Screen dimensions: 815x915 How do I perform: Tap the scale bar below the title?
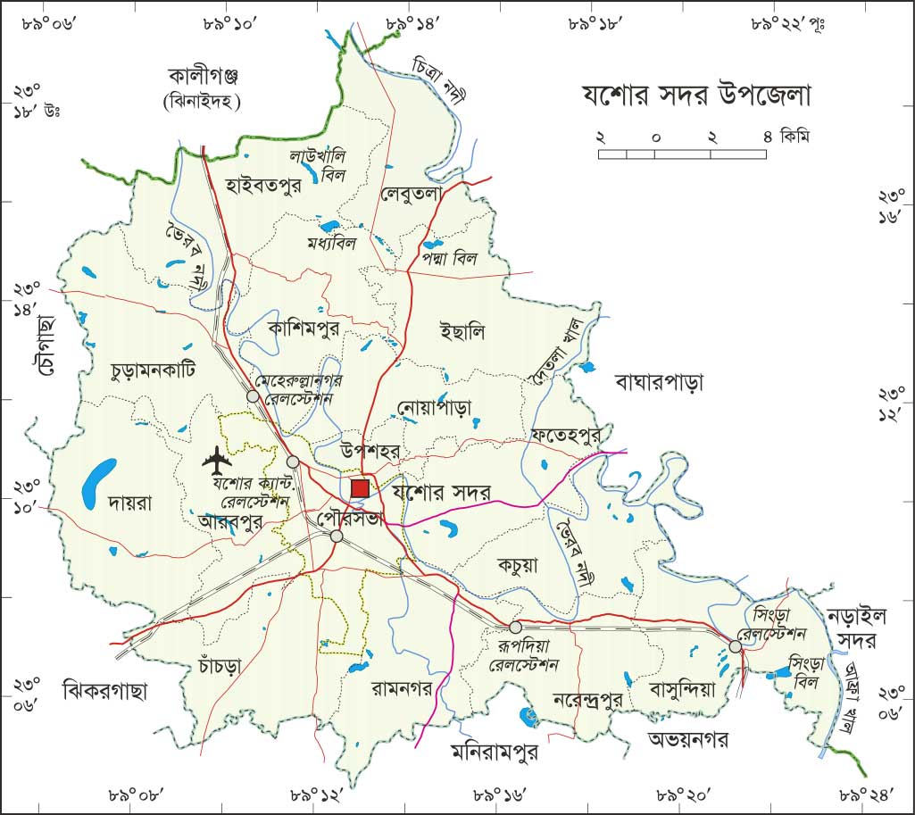682,154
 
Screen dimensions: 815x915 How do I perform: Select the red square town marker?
360,488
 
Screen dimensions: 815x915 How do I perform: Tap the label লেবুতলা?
412,193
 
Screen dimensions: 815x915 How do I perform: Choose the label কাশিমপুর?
304,328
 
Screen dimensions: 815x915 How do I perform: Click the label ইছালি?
462,332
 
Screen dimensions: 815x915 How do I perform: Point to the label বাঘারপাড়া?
660,383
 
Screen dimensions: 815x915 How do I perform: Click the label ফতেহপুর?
565,434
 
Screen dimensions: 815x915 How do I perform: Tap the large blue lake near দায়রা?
97,481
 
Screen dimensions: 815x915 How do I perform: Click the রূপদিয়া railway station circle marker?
515,627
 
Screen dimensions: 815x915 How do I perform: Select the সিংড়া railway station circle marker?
735,645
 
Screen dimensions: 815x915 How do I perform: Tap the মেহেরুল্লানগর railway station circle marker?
254,395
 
